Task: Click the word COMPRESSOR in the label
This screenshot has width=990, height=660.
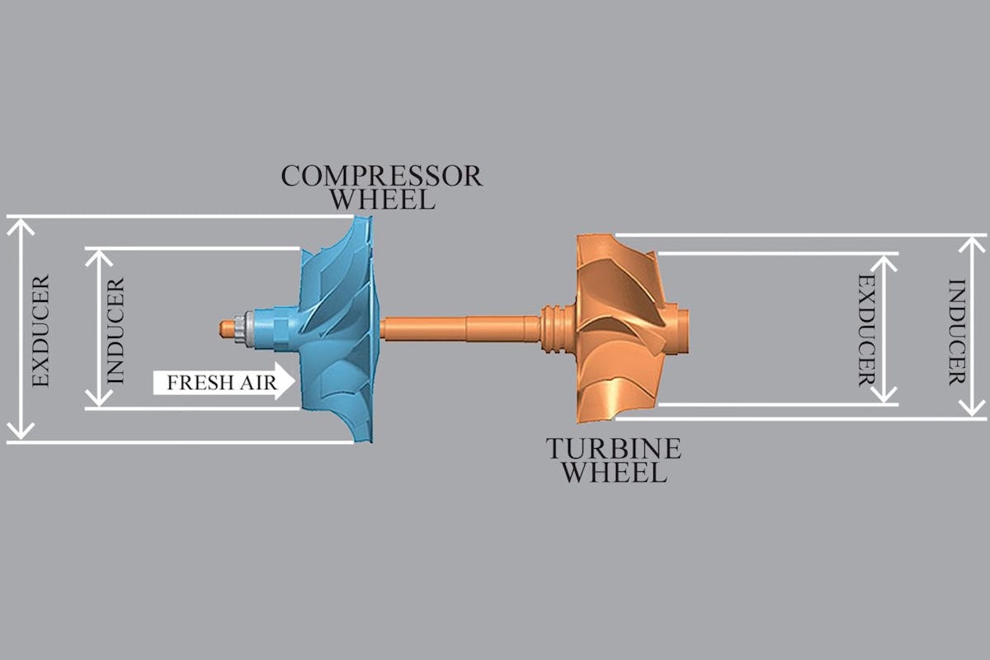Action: (381, 176)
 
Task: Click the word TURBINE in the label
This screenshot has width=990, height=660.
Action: (614, 449)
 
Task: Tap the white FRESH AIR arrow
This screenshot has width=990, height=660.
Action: (224, 381)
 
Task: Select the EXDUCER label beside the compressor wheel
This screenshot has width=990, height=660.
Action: (41, 331)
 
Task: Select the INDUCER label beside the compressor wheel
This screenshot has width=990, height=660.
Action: (115, 331)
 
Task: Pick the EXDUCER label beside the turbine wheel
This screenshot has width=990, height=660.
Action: (867, 331)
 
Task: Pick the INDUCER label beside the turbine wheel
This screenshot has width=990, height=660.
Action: (957, 332)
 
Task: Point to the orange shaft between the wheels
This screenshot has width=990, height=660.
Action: (460, 329)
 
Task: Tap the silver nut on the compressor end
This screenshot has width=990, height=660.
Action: (243, 328)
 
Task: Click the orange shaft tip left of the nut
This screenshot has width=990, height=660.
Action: (227, 328)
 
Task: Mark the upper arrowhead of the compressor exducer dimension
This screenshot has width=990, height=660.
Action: (21, 227)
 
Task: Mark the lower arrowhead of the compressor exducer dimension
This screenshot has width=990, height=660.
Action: (21, 431)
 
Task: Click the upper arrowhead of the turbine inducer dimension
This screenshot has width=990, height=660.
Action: (972, 245)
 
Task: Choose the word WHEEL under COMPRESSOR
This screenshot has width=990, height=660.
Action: (383, 200)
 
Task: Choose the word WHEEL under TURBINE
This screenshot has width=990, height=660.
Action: (615, 472)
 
